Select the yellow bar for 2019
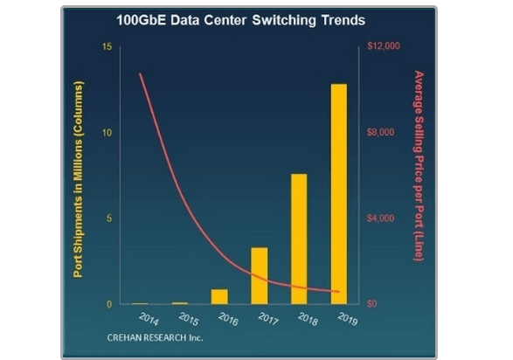click(338, 194)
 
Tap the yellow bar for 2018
click(299, 239)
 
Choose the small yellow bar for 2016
click(219, 296)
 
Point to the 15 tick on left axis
click(107, 46)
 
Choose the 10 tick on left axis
click(107, 132)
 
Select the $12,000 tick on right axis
click(383, 46)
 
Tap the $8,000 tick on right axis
click(381, 132)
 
